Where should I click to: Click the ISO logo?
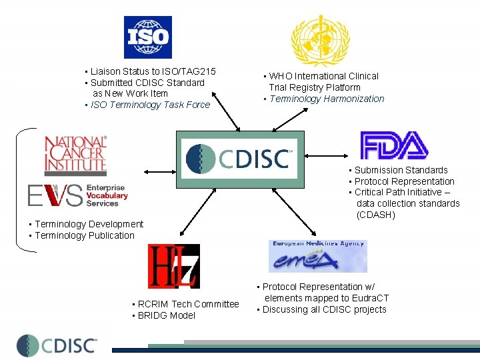pos(147,37)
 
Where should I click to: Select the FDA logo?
pos(394,145)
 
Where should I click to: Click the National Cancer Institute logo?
pos(75,155)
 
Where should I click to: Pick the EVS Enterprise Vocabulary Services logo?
pos(77,195)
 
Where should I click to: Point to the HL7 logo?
pos(173,266)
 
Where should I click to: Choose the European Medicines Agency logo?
pos(318,256)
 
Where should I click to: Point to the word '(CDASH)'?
pos(376,215)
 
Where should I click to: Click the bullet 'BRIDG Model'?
pos(166,315)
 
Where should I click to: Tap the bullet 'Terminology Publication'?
pos(84,235)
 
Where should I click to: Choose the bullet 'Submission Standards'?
pos(401,170)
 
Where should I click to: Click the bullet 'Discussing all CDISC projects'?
pos(324,309)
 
